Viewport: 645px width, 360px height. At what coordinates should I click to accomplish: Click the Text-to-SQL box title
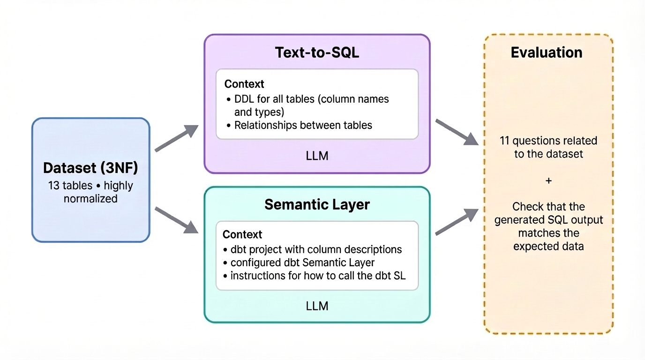pyautogui.click(x=317, y=52)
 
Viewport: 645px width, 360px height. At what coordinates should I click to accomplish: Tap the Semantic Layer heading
pyautogui.click(x=317, y=204)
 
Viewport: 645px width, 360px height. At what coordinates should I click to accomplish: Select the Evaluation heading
pyautogui.click(x=547, y=52)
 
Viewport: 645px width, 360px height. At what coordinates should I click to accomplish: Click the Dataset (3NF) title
pyautogui.click(x=90, y=168)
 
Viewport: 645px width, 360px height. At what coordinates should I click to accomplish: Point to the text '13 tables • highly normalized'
pyautogui.click(x=90, y=192)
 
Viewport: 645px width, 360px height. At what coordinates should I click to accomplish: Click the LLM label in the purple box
pyautogui.click(x=317, y=156)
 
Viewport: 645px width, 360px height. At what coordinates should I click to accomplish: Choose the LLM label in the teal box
pyautogui.click(x=317, y=306)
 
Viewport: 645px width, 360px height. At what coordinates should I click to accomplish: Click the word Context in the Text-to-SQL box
pyautogui.click(x=244, y=84)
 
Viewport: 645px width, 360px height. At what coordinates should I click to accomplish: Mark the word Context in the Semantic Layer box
pyautogui.click(x=242, y=234)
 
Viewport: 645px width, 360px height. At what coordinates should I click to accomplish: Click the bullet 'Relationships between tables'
pyautogui.click(x=303, y=125)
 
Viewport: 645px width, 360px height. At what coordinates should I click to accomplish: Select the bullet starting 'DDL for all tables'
pyautogui.click(x=311, y=105)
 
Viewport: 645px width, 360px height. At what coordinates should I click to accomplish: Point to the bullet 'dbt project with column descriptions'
pyautogui.click(x=316, y=250)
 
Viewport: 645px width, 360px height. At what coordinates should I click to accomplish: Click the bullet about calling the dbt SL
pyautogui.click(x=318, y=276)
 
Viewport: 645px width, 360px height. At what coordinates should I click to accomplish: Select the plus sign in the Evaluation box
pyautogui.click(x=548, y=180)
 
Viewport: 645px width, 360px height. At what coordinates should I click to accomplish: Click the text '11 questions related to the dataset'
pyautogui.click(x=548, y=147)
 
